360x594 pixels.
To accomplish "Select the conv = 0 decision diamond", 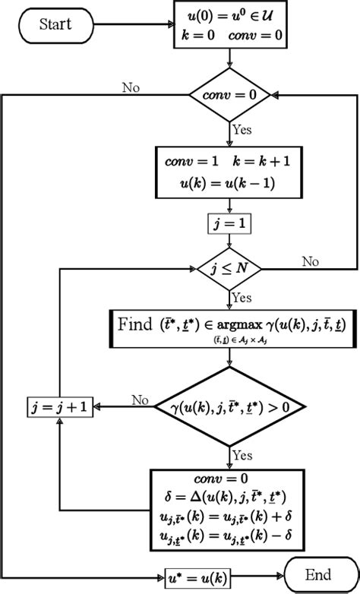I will [229, 96].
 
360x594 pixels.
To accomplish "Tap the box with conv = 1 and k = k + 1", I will [229, 174].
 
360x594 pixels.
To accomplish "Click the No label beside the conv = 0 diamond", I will [130, 87].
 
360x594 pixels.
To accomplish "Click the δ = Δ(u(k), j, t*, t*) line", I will [229, 498].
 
